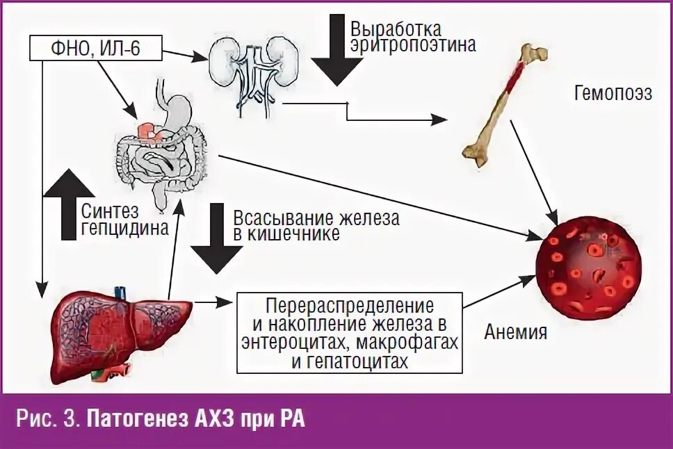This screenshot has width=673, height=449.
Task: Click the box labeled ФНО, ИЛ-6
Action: pos(96,49)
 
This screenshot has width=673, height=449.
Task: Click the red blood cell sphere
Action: pos(590,268)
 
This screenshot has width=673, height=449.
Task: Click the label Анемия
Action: pos(515,332)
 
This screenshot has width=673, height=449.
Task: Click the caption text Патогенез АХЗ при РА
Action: pos(200,420)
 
